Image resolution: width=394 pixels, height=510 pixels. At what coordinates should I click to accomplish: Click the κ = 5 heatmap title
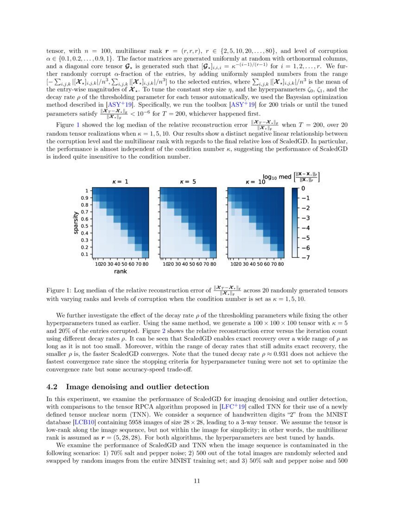(187, 182)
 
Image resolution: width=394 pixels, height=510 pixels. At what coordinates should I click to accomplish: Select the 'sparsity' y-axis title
(75, 223)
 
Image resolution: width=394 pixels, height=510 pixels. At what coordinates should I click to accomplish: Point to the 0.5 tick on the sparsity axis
(84, 226)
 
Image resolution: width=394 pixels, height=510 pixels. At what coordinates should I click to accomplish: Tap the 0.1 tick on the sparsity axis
(84, 254)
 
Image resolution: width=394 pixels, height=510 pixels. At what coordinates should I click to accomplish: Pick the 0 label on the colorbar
(303, 189)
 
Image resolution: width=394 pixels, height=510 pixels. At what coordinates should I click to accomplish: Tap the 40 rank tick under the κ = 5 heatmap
(184, 264)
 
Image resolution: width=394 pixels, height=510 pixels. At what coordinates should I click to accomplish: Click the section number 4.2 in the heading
(54, 387)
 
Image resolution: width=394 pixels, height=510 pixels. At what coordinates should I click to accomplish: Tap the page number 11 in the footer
(197, 481)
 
